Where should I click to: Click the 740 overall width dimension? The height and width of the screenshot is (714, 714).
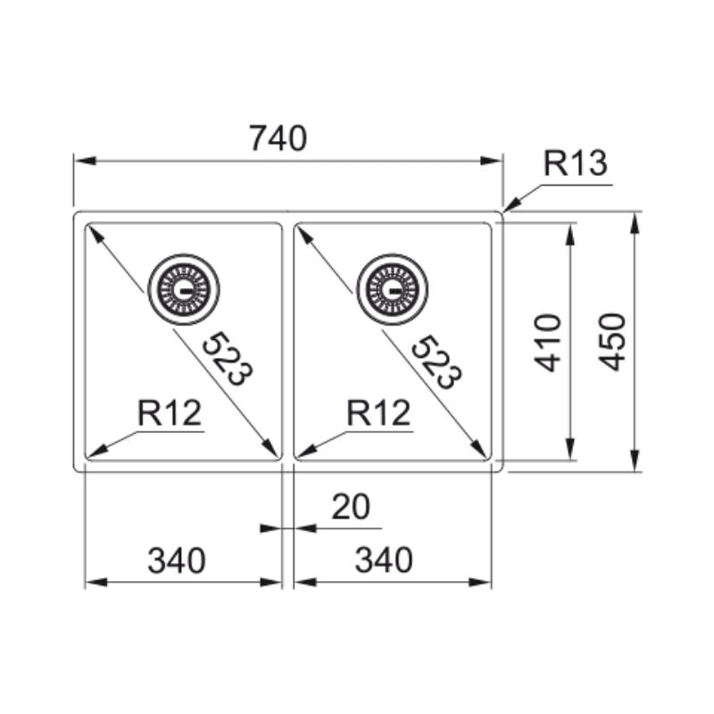click(x=278, y=138)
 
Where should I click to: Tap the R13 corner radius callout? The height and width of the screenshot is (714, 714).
click(x=576, y=163)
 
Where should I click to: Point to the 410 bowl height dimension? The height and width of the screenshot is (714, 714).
click(x=548, y=343)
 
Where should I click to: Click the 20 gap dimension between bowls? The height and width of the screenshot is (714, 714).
click(x=351, y=507)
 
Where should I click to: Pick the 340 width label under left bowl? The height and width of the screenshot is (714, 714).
click(x=177, y=560)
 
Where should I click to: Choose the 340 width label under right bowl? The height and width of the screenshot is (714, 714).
click(x=384, y=560)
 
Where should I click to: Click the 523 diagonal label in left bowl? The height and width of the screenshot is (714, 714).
click(x=227, y=359)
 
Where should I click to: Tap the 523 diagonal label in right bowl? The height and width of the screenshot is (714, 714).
click(x=436, y=361)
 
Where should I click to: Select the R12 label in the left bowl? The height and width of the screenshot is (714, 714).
click(x=170, y=413)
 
